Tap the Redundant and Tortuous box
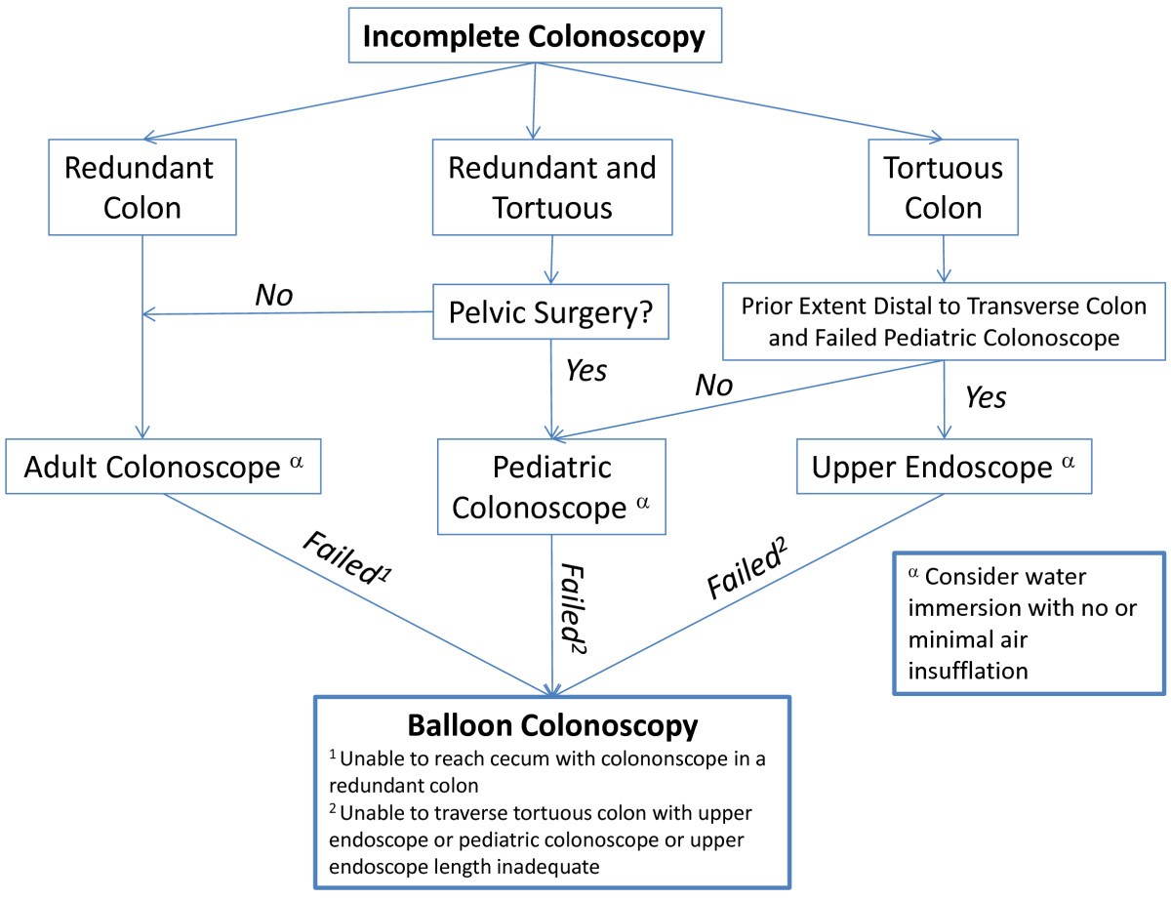coord(551,186)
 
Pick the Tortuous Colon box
coord(943,186)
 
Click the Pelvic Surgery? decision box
coord(552,313)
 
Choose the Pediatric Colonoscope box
coord(551,486)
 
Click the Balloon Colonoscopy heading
coord(551,725)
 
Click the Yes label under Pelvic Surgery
coord(585,372)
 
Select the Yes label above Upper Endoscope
coord(985,398)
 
